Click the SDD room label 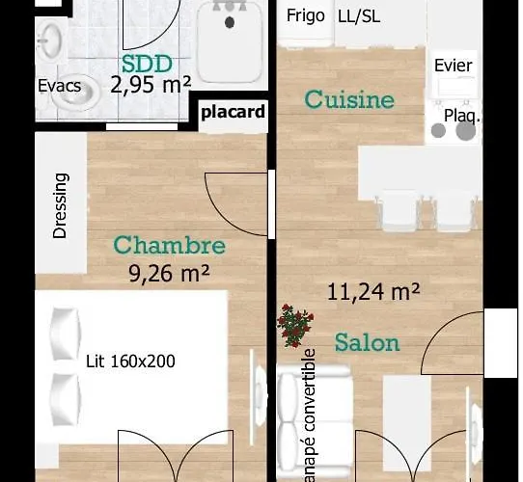(x=147, y=64)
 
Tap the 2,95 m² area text (x=151, y=85)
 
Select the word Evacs (x=60, y=86)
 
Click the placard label (x=234, y=112)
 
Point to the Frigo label (x=306, y=15)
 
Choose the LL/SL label (x=359, y=16)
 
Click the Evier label (x=454, y=66)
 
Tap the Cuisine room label (x=349, y=99)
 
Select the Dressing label (x=61, y=205)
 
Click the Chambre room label (x=170, y=245)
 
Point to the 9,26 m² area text (x=170, y=274)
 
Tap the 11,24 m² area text (x=373, y=292)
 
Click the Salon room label (x=368, y=342)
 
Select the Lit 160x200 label (x=130, y=361)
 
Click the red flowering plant (x=295, y=326)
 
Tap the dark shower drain (x=230, y=23)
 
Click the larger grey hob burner (x=466, y=131)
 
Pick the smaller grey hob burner (x=438, y=130)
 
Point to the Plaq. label (x=463, y=116)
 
